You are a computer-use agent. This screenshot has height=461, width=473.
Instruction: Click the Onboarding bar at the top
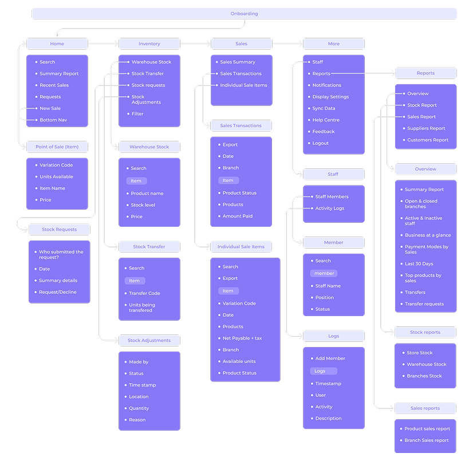coord(244,14)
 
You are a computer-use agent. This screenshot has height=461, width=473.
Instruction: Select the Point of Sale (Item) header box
coord(57,147)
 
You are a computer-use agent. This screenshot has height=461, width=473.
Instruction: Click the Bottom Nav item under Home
coord(53,120)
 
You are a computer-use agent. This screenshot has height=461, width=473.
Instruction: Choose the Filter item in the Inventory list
coord(137,114)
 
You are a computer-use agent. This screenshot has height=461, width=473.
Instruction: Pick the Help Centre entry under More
coord(325,120)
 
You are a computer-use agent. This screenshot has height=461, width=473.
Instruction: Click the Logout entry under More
coord(320,143)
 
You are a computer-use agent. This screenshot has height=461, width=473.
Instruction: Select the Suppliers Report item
coord(426,128)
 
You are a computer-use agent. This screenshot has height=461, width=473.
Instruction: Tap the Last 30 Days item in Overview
coord(419,264)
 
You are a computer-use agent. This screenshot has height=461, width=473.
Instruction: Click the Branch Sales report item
coord(426,440)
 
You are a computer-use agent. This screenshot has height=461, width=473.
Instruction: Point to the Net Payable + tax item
coord(242,338)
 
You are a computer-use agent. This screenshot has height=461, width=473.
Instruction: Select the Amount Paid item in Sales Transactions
coord(237,216)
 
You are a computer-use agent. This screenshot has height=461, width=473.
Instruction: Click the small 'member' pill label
coord(324,273)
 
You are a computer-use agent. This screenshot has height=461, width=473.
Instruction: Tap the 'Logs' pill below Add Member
coord(320,371)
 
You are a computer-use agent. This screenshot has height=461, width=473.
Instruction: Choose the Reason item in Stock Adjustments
coord(137,420)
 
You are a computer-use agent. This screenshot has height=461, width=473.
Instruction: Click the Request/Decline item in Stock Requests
coord(57,292)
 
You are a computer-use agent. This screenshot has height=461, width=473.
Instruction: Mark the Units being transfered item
coord(141,308)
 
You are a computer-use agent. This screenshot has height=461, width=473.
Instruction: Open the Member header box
coord(334,242)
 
